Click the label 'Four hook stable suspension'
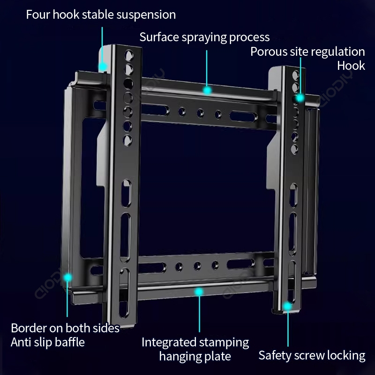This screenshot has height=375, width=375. pyautogui.click(x=101, y=15)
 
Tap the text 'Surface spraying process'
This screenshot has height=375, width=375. pyautogui.click(x=204, y=37)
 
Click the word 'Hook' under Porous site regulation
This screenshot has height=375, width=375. pyautogui.click(x=351, y=66)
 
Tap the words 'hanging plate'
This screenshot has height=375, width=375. pyautogui.click(x=195, y=356)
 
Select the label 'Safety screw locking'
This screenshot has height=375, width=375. pyautogui.click(x=312, y=355)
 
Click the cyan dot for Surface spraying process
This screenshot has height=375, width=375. pyautogui.click(x=207, y=89)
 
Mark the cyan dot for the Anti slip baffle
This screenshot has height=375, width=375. pyautogui.click(x=68, y=277)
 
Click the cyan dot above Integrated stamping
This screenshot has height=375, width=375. pyautogui.click(x=199, y=292)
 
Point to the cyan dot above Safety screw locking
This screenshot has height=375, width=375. pyautogui.click(x=287, y=306)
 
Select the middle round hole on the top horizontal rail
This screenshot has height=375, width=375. pyautogui.click(x=200, y=112)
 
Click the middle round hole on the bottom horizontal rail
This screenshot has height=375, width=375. pyautogui.click(x=197, y=265)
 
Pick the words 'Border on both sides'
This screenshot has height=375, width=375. pyautogui.click(x=65, y=328)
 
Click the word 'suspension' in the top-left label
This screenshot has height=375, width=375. pyautogui.click(x=148, y=15)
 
